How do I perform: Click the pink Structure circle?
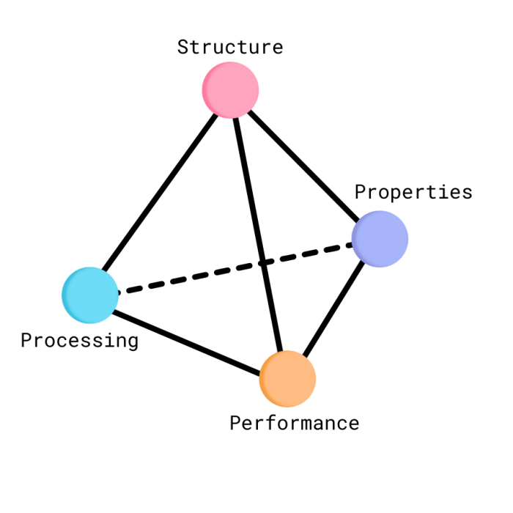point(230,89)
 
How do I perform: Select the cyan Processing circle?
point(90,295)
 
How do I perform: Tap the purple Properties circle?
point(380,238)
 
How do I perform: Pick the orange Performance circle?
point(287,378)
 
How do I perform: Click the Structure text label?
point(230,47)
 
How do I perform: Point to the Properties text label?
point(413,192)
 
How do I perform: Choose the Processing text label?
point(79,340)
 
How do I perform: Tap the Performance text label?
point(294,423)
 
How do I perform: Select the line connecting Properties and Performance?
point(333,308)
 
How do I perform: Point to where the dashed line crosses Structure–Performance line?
point(262,262)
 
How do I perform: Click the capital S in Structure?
point(183,47)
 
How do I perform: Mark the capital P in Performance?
point(235,423)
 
